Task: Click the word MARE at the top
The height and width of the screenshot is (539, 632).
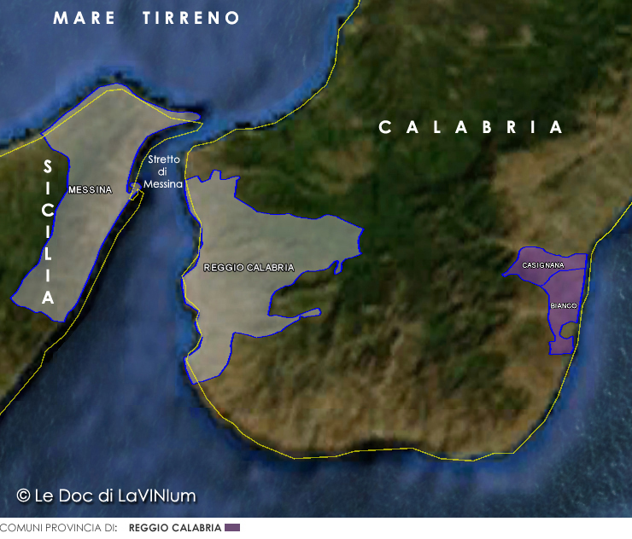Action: tap(85, 18)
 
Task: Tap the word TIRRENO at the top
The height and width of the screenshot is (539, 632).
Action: tap(191, 18)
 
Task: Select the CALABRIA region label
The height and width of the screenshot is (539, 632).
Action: tap(471, 127)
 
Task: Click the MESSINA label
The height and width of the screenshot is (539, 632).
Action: tap(90, 190)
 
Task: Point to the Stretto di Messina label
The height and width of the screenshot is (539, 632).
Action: tap(163, 171)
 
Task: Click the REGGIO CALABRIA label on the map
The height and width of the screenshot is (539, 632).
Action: tap(249, 268)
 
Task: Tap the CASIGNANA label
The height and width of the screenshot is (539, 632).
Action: tap(542, 265)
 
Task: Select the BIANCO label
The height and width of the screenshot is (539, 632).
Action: tap(564, 305)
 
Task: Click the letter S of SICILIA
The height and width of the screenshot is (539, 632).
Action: tap(48, 166)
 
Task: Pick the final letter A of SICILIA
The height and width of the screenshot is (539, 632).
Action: tap(48, 298)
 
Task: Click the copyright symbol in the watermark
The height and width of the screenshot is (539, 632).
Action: tap(24, 495)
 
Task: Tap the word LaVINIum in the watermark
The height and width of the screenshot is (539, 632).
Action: tap(162, 495)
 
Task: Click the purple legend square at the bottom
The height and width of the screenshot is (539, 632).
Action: tap(232, 528)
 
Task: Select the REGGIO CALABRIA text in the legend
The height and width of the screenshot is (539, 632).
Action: tap(175, 528)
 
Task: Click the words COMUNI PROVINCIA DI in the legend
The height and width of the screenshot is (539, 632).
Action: tap(58, 528)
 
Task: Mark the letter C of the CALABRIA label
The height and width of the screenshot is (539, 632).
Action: tap(384, 127)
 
